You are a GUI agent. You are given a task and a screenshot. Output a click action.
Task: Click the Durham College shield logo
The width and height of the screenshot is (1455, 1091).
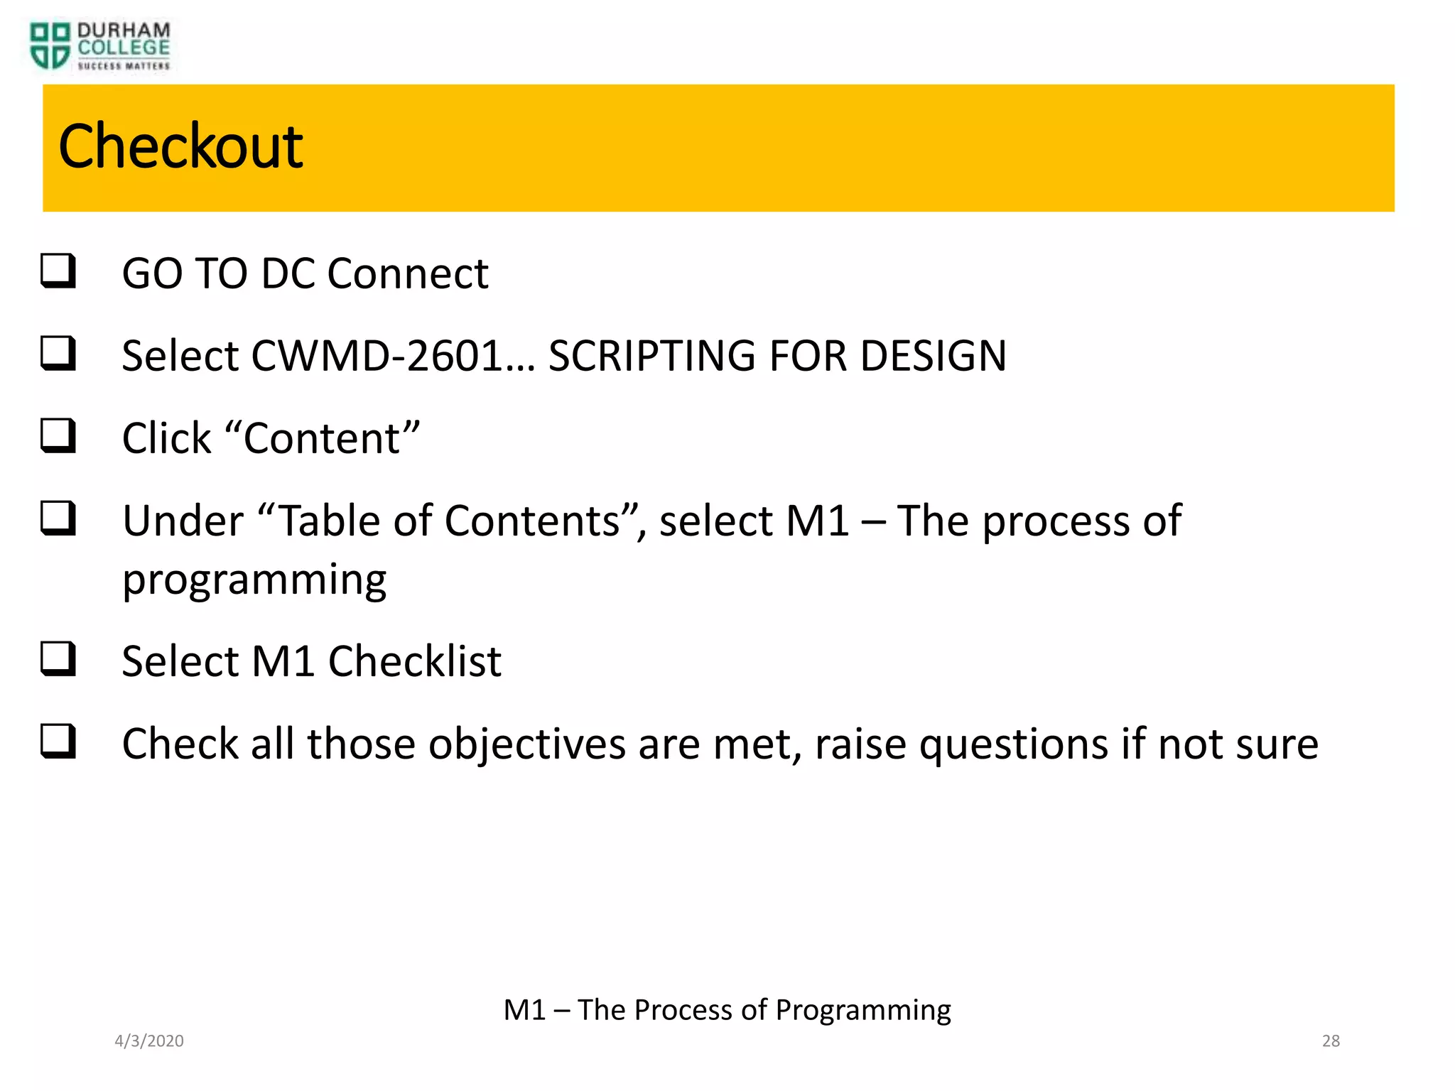click(x=50, y=45)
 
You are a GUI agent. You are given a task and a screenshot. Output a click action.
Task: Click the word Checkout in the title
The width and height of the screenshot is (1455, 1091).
click(x=180, y=146)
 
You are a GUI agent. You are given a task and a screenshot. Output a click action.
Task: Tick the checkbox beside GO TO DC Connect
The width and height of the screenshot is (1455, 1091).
click(x=58, y=271)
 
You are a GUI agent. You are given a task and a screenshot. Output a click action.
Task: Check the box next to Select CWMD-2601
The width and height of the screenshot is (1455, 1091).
click(x=58, y=353)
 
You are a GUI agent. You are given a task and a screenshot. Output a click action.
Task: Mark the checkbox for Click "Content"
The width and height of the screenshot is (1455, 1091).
click(x=58, y=435)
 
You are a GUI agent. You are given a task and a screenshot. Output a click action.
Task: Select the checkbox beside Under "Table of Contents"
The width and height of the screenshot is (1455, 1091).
click(x=58, y=518)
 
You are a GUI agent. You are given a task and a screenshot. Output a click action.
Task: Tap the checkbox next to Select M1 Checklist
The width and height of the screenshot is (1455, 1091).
click(x=58, y=658)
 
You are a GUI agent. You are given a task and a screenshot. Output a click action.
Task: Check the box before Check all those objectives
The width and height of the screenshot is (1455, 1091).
click(x=58, y=741)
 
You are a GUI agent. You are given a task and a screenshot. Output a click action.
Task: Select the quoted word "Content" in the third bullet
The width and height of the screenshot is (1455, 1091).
click(x=323, y=438)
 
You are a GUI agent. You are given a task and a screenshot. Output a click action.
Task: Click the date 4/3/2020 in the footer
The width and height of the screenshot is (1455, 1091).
click(x=149, y=1041)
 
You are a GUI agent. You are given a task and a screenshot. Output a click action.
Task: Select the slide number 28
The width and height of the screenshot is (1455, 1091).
click(x=1331, y=1041)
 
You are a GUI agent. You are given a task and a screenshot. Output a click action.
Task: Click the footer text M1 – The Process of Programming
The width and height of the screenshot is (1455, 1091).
click(x=727, y=1009)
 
